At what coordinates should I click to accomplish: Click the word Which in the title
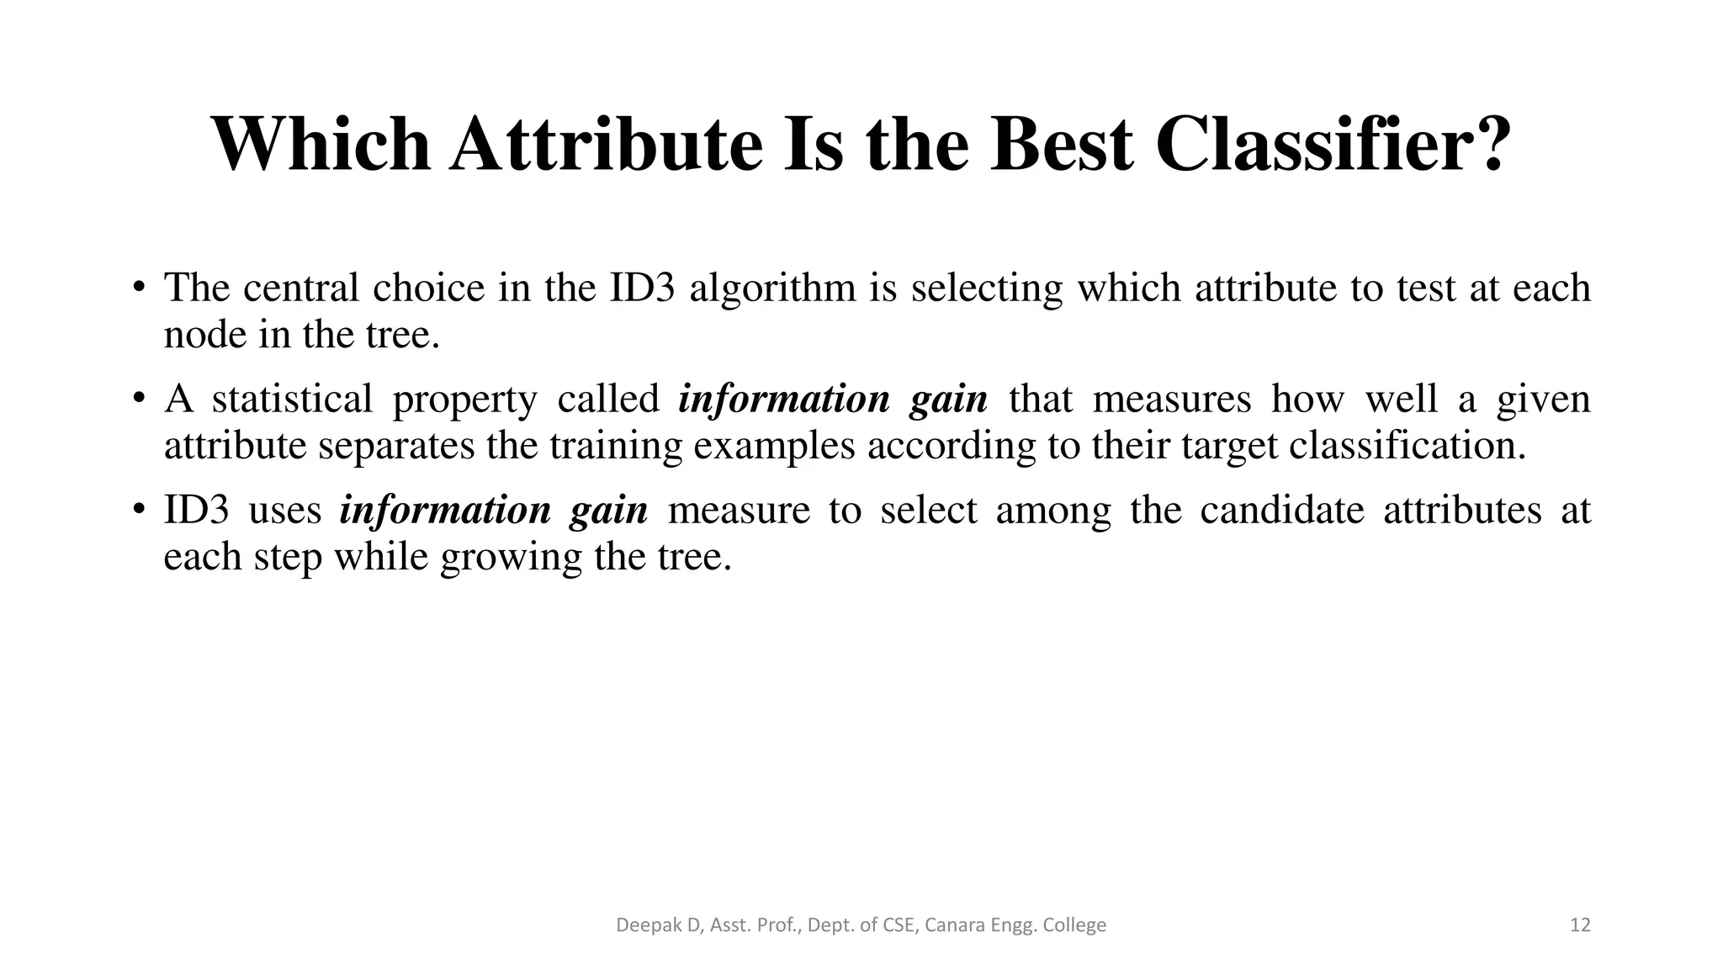coord(321,144)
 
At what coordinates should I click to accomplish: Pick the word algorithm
coord(772,288)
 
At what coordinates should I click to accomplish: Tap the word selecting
coord(987,288)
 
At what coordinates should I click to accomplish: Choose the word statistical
coord(292,399)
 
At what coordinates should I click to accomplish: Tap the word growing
coord(511,557)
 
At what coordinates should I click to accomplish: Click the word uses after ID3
coord(285,510)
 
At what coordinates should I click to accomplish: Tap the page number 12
coord(1580,925)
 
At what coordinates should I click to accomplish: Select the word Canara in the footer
coord(955,925)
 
